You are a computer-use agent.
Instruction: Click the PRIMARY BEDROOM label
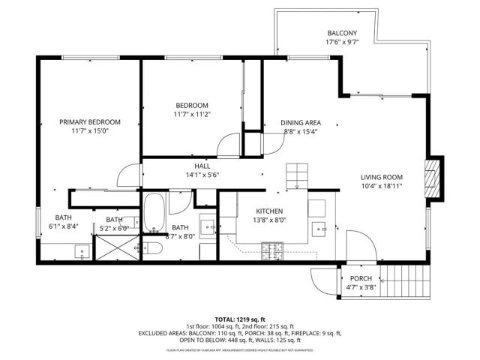click(x=90, y=121)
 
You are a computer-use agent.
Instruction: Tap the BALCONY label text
click(x=342, y=33)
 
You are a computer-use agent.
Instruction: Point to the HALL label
click(x=202, y=166)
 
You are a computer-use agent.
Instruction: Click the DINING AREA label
click(x=301, y=122)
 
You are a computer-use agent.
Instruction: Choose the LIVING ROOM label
click(x=382, y=178)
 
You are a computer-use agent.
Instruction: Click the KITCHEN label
click(x=268, y=211)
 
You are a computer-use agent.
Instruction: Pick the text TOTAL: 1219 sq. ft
click(x=239, y=319)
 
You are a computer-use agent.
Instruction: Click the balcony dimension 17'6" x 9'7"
click(x=342, y=43)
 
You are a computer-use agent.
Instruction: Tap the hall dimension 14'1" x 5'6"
click(x=202, y=175)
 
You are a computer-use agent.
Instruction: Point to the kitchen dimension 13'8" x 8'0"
click(x=268, y=220)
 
